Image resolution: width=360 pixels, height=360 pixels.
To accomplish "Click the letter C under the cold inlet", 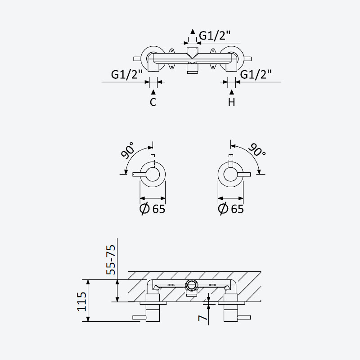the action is click(153, 102).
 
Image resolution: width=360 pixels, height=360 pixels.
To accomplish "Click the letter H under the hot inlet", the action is click(231, 102).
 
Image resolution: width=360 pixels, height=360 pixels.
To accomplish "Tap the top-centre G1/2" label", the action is click(215, 36).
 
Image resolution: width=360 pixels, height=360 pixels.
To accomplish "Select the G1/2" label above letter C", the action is click(127, 75).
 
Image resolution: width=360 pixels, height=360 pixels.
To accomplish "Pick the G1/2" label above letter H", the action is click(256, 75).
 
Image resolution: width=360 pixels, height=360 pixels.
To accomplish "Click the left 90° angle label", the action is click(128, 150).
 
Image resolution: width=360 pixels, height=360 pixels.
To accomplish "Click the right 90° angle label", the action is click(257, 150).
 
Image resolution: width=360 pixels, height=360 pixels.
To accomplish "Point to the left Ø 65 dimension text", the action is click(153, 209).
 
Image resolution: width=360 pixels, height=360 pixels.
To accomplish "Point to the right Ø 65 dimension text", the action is click(231, 209).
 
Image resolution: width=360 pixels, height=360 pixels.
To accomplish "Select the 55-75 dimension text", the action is click(111, 260).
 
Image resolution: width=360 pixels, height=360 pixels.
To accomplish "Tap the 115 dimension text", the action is click(82, 301).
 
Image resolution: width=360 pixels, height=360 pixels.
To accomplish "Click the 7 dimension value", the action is click(203, 318).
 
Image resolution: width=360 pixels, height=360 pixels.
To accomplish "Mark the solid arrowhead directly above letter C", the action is click(153, 92).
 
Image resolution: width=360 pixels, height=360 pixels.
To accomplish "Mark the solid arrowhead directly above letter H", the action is click(232, 92).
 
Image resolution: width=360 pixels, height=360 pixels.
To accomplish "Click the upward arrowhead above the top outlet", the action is click(193, 31).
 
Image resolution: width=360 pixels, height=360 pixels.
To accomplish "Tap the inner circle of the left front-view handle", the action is click(153, 174).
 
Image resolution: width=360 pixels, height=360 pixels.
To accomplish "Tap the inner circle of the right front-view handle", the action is click(230, 174).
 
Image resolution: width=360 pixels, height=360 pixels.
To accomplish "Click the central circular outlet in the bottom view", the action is click(192, 285).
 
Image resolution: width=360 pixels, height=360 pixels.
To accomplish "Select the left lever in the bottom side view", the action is click(139, 318).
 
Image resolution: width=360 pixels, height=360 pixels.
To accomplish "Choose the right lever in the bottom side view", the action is click(244, 318).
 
